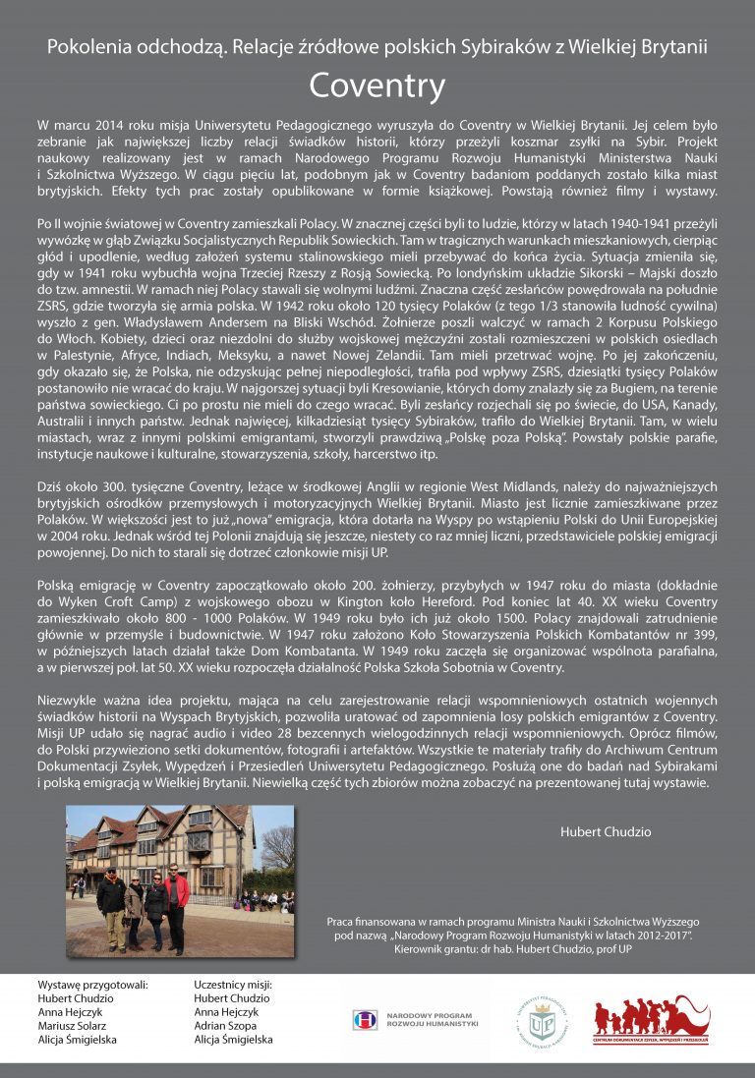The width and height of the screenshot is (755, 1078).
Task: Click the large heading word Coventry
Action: click(377, 86)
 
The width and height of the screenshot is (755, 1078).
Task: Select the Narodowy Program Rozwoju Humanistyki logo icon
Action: click(366, 1020)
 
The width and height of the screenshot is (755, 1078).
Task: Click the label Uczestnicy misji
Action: click(233, 984)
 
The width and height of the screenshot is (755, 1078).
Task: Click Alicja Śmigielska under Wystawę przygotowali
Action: click(77, 1039)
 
